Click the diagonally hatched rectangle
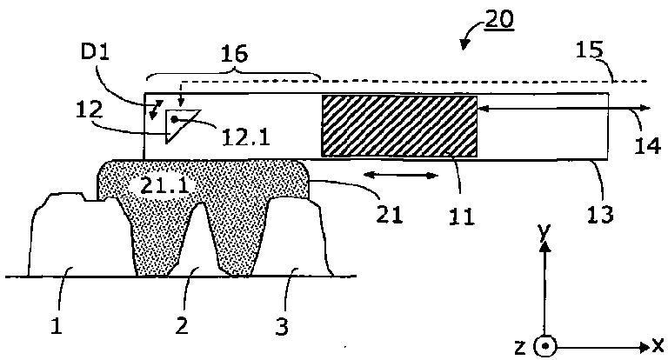tap(399, 126)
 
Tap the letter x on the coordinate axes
tap(658, 345)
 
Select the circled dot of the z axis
tap(544, 346)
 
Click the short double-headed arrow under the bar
tap(400, 176)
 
